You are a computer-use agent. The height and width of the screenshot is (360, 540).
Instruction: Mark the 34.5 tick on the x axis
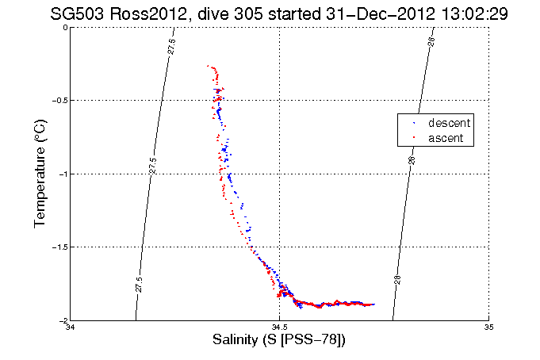(279, 327)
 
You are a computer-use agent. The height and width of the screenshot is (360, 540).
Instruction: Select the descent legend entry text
(449, 124)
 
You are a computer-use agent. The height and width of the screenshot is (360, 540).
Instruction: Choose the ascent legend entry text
(446, 138)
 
